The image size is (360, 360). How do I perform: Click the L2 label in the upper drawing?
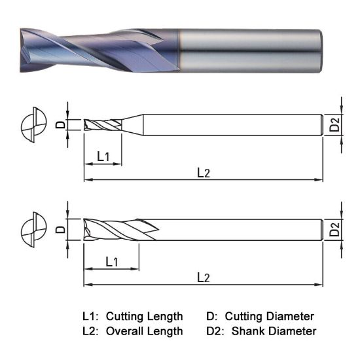(204, 173)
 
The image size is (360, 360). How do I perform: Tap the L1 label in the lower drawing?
(111, 261)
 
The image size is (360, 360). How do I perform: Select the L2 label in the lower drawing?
(204, 278)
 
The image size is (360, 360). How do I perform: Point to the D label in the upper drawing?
(60, 124)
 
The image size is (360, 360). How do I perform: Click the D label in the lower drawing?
(60, 229)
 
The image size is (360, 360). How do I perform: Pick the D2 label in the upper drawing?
(334, 124)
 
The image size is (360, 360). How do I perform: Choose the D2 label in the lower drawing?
(334, 229)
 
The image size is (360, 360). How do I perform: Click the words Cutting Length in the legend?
(144, 316)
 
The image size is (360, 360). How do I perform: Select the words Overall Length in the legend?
(144, 331)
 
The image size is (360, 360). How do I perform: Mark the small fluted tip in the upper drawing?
(101, 124)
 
